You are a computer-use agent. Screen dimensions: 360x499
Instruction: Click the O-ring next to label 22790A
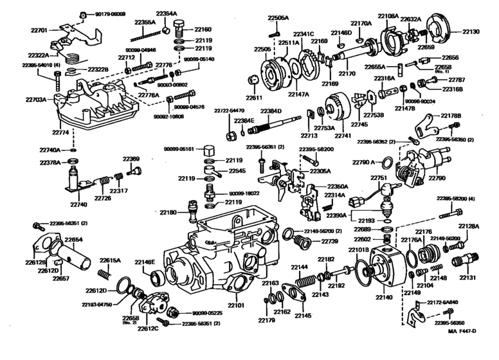389,162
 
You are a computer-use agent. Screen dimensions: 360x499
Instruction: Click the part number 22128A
469,226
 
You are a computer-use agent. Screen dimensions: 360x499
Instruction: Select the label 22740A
50,150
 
